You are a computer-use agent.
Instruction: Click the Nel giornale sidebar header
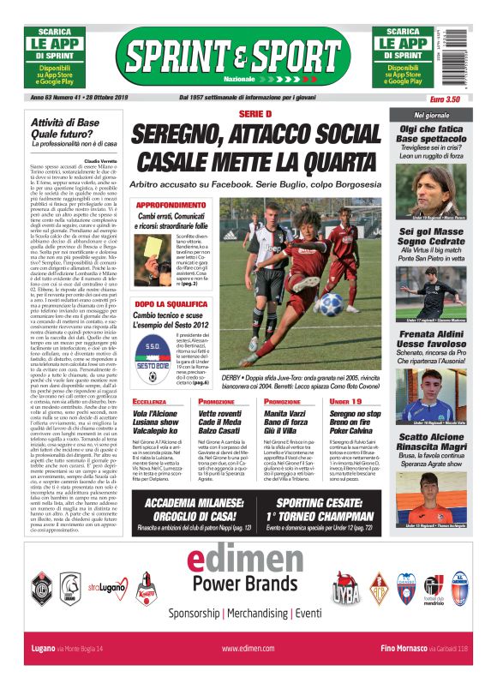point(431,115)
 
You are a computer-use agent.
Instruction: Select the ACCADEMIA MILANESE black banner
point(200,509)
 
